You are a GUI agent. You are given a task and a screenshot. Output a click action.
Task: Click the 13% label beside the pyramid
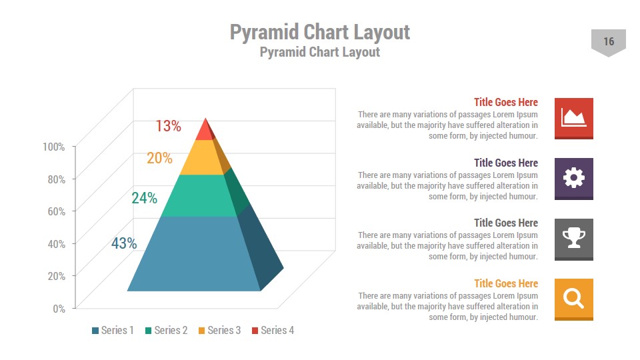[168, 125]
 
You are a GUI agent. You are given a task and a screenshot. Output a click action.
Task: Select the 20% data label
[159, 158]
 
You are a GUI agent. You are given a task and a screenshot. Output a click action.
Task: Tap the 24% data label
[144, 198]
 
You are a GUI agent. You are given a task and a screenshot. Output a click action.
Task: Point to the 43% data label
[124, 243]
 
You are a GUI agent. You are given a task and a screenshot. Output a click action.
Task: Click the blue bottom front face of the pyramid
[193, 254]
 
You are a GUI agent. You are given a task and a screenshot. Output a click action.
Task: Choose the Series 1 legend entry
[113, 330]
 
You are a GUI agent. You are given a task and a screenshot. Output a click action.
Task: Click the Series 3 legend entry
[219, 330]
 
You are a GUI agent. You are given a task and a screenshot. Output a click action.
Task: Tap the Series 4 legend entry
[273, 330]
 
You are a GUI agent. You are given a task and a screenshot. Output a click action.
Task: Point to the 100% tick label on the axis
[53, 147]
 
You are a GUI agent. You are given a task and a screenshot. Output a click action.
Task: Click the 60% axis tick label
[56, 211]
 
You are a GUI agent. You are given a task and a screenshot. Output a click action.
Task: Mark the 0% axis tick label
[59, 308]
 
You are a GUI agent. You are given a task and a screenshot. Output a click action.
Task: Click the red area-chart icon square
[573, 118]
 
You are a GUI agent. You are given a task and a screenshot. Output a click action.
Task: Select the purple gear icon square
[573, 178]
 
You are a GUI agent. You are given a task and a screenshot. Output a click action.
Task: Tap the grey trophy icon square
[573, 239]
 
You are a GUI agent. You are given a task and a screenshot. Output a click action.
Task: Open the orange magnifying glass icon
[573, 299]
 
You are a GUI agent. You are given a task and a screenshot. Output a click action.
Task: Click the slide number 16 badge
[608, 42]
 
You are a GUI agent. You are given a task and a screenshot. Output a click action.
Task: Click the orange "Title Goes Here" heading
[505, 283]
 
